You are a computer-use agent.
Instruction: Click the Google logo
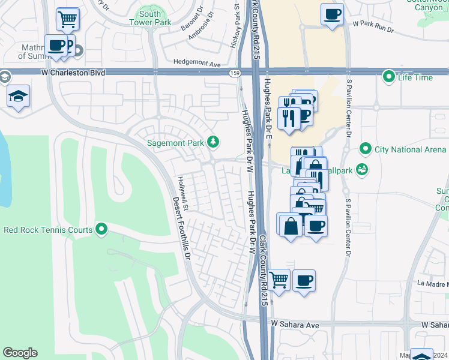tap(20, 352)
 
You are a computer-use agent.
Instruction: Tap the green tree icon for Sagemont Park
tap(212, 142)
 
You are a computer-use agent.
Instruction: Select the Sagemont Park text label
tap(177, 143)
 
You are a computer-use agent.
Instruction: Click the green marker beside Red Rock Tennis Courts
tap(101, 229)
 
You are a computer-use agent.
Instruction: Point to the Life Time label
tap(415, 77)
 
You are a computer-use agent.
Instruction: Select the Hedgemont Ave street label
tap(197, 62)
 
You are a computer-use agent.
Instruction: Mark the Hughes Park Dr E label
tap(268, 101)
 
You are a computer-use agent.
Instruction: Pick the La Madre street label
tap(432, 283)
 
